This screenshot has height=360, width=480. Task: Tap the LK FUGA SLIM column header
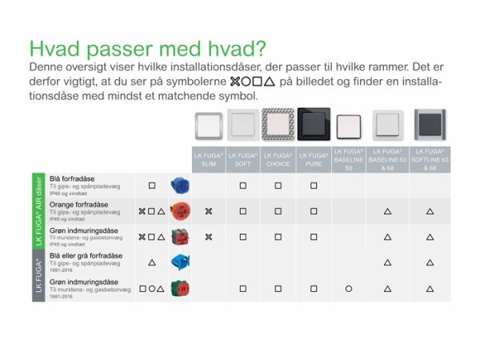(x=208, y=158)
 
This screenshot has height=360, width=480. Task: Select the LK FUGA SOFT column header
(x=242, y=158)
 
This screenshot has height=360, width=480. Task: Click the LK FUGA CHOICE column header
(x=278, y=158)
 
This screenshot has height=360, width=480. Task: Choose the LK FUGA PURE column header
(x=313, y=158)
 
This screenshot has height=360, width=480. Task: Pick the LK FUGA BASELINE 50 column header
(x=349, y=158)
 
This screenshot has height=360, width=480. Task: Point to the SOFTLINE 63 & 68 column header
(x=430, y=158)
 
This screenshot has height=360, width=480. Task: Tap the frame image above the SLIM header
(x=208, y=126)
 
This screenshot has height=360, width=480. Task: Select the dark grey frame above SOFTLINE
(x=430, y=126)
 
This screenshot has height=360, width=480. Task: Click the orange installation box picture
(x=181, y=211)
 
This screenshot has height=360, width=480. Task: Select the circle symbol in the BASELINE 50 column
(x=349, y=288)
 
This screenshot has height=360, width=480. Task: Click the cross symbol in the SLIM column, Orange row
(x=208, y=211)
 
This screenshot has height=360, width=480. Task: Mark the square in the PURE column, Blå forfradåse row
(x=313, y=186)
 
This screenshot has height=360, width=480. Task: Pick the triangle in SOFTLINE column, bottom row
(x=430, y=288)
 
